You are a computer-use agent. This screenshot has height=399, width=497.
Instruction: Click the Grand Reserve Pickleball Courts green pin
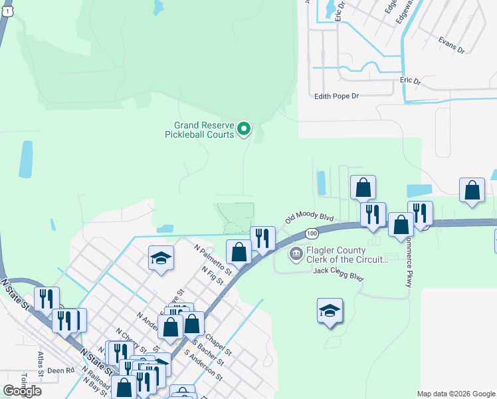[x=244, y=129]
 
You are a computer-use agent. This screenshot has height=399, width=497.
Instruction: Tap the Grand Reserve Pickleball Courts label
[x=204, y=129]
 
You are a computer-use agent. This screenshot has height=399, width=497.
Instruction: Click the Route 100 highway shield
[x=311, y=233]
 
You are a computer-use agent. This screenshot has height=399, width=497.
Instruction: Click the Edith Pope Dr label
[x=336, y=96]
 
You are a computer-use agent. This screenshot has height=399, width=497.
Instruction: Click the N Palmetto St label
[x=213, y=259]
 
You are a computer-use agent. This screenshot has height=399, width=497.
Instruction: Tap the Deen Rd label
[x=60, y=370]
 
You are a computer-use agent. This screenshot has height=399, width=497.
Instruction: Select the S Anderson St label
[x=203, y=365]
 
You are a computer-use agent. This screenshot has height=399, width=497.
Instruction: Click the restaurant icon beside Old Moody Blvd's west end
[x=262, y=238]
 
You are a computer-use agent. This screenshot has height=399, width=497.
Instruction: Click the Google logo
[x=22, y=391]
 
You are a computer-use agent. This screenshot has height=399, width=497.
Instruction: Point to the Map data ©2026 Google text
[x=455, y=394]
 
